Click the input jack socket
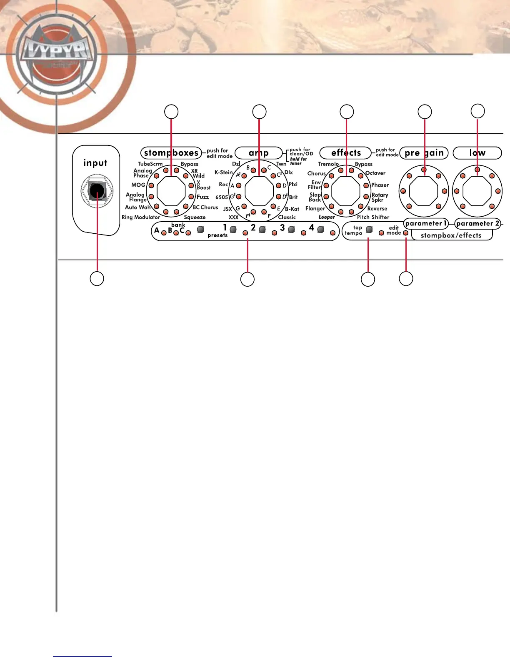click(97, 191)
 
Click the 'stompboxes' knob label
click(171, 153)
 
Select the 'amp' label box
click(259, 153)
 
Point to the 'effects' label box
click(345, 153)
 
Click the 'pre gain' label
click(424, 153)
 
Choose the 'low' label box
click(477, 153)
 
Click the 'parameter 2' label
click(477, 223)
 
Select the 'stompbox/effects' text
click(451, 235)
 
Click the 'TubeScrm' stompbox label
click(150, 164)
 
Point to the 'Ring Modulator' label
click(141, 217)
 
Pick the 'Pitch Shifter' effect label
click(373, 217)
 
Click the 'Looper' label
click(327, 217)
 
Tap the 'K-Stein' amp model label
click(223, 172)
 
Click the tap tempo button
click(369, 230)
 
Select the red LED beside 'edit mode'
click(406, 233)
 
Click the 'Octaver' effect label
click(375, 173)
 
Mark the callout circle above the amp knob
click(259, 112)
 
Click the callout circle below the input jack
click(97, 279)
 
